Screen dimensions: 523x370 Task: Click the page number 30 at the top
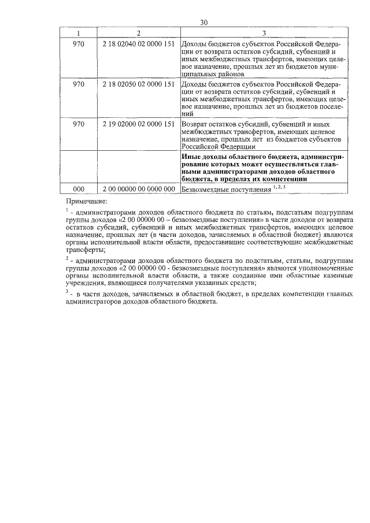coord(204,23)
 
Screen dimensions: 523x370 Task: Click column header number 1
coord(78,33)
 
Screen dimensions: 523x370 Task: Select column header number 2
coord(138,33)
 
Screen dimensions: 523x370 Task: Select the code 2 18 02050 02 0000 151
coord(138,84)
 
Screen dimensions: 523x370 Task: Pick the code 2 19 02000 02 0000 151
coord(138,124)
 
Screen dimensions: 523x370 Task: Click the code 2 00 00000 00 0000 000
coord(138,188)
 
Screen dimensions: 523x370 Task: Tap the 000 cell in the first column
coord(78,188)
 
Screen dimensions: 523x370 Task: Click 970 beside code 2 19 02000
coord(78,124)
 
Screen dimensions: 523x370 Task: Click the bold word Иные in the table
coord(190,157)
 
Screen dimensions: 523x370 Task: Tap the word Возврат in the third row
coord(194,124)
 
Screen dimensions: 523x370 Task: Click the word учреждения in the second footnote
coord(87,283)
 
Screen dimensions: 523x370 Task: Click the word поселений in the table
coord(327,106)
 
